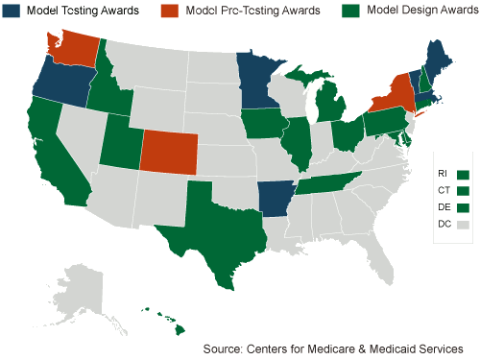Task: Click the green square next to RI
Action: [463, 174]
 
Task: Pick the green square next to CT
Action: [463, 191]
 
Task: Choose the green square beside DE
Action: [463, 207]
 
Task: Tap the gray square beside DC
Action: [463, 225]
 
